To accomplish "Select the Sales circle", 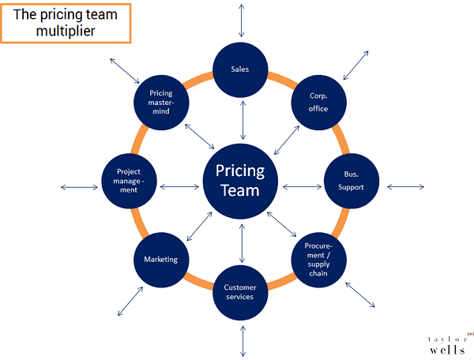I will tap(241, 69).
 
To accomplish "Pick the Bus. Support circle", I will tap(352, 181).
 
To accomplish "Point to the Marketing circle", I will tap(161, 259).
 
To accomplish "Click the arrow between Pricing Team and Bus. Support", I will tap(303, 187).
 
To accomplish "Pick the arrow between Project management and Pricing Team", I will tap(179, 187).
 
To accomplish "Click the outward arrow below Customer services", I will tap(242, 341).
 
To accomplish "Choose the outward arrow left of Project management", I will tap(79, 187).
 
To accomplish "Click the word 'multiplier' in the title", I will tap(66, 32).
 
